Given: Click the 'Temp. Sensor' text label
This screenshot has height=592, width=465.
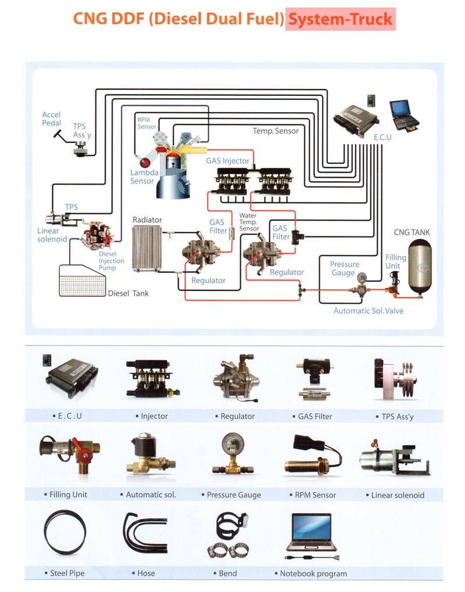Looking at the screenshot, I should tap(276, 131).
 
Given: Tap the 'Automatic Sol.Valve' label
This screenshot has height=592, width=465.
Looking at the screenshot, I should tap(369, 311).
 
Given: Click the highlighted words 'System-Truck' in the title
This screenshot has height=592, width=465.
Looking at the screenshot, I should tap(341, 20).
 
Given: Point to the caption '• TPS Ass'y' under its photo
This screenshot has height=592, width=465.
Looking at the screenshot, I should tap(395, 417).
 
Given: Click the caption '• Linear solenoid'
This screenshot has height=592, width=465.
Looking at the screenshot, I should tap(398, 496).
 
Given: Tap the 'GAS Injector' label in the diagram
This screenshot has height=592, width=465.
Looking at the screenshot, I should tap(228, 161).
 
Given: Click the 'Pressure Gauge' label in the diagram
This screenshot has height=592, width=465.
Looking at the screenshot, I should tap(345, 268).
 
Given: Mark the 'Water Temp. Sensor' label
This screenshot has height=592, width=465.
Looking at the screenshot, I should tap(249, 222).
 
